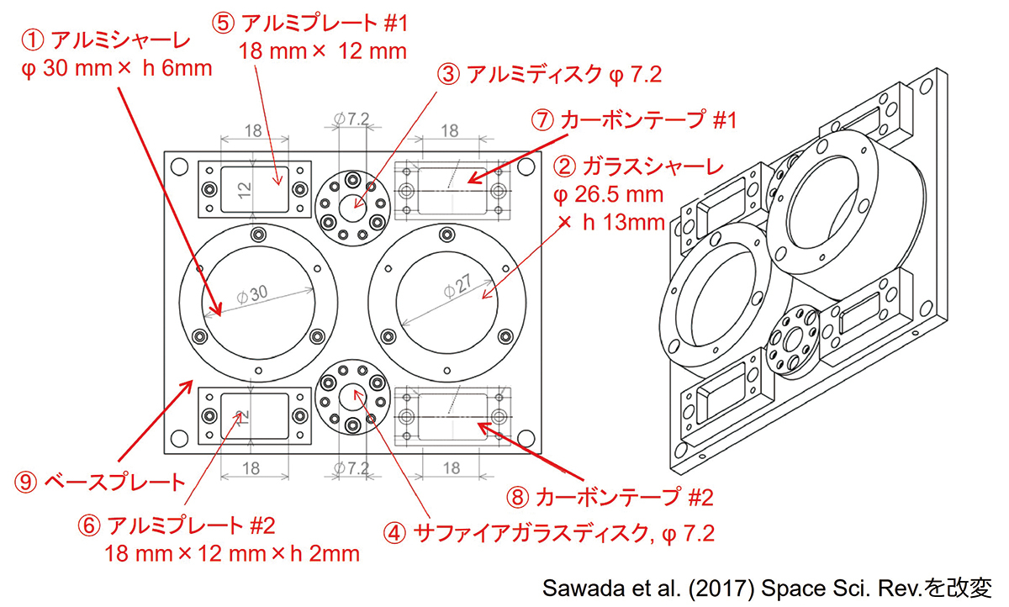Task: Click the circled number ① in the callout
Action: pos(33,41)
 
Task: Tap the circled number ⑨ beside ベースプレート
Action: pos(26,483)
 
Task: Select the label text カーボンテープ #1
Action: pos(648,120)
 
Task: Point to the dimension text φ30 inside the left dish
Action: pos(252,294)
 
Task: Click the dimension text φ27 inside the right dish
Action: pos(457,286)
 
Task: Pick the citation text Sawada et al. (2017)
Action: pos(647,589)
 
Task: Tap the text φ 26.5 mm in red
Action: pos(608,195)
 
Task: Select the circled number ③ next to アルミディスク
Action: pos(449,74)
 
